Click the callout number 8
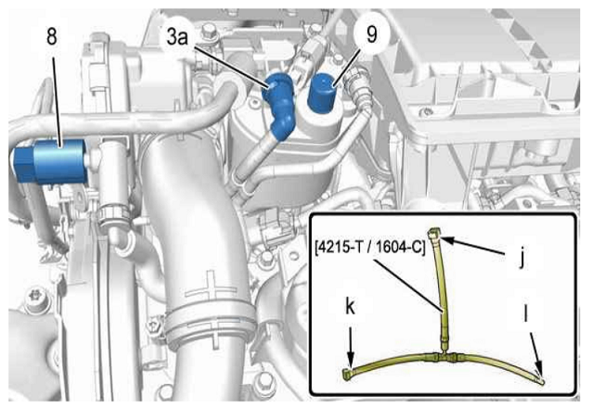tap(52, 37)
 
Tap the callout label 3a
tap(177, 37)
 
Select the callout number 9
tap(372, 34)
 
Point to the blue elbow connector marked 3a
tap(279, 104)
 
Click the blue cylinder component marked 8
tap(49, 162)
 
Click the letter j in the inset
tap(521, 258)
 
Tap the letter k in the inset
tap(351, 307)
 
